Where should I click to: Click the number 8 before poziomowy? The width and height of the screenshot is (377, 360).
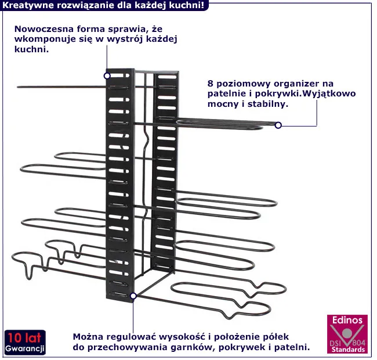[211, 84]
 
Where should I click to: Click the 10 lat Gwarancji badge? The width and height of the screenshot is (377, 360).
[25, 342]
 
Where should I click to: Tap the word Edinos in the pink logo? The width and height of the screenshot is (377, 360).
[347, 320]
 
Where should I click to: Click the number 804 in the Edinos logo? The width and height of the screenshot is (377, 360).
[359, 343]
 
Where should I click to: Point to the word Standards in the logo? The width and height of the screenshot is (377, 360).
[348, 350]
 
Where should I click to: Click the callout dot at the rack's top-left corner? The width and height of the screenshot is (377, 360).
[107, 76]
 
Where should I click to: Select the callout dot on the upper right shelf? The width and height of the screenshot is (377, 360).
[278, 125]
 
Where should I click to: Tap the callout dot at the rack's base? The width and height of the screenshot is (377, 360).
[133, 296]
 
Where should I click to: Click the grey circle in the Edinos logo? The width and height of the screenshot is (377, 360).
[346, 333]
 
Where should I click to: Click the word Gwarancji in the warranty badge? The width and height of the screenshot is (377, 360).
[25, 348]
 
